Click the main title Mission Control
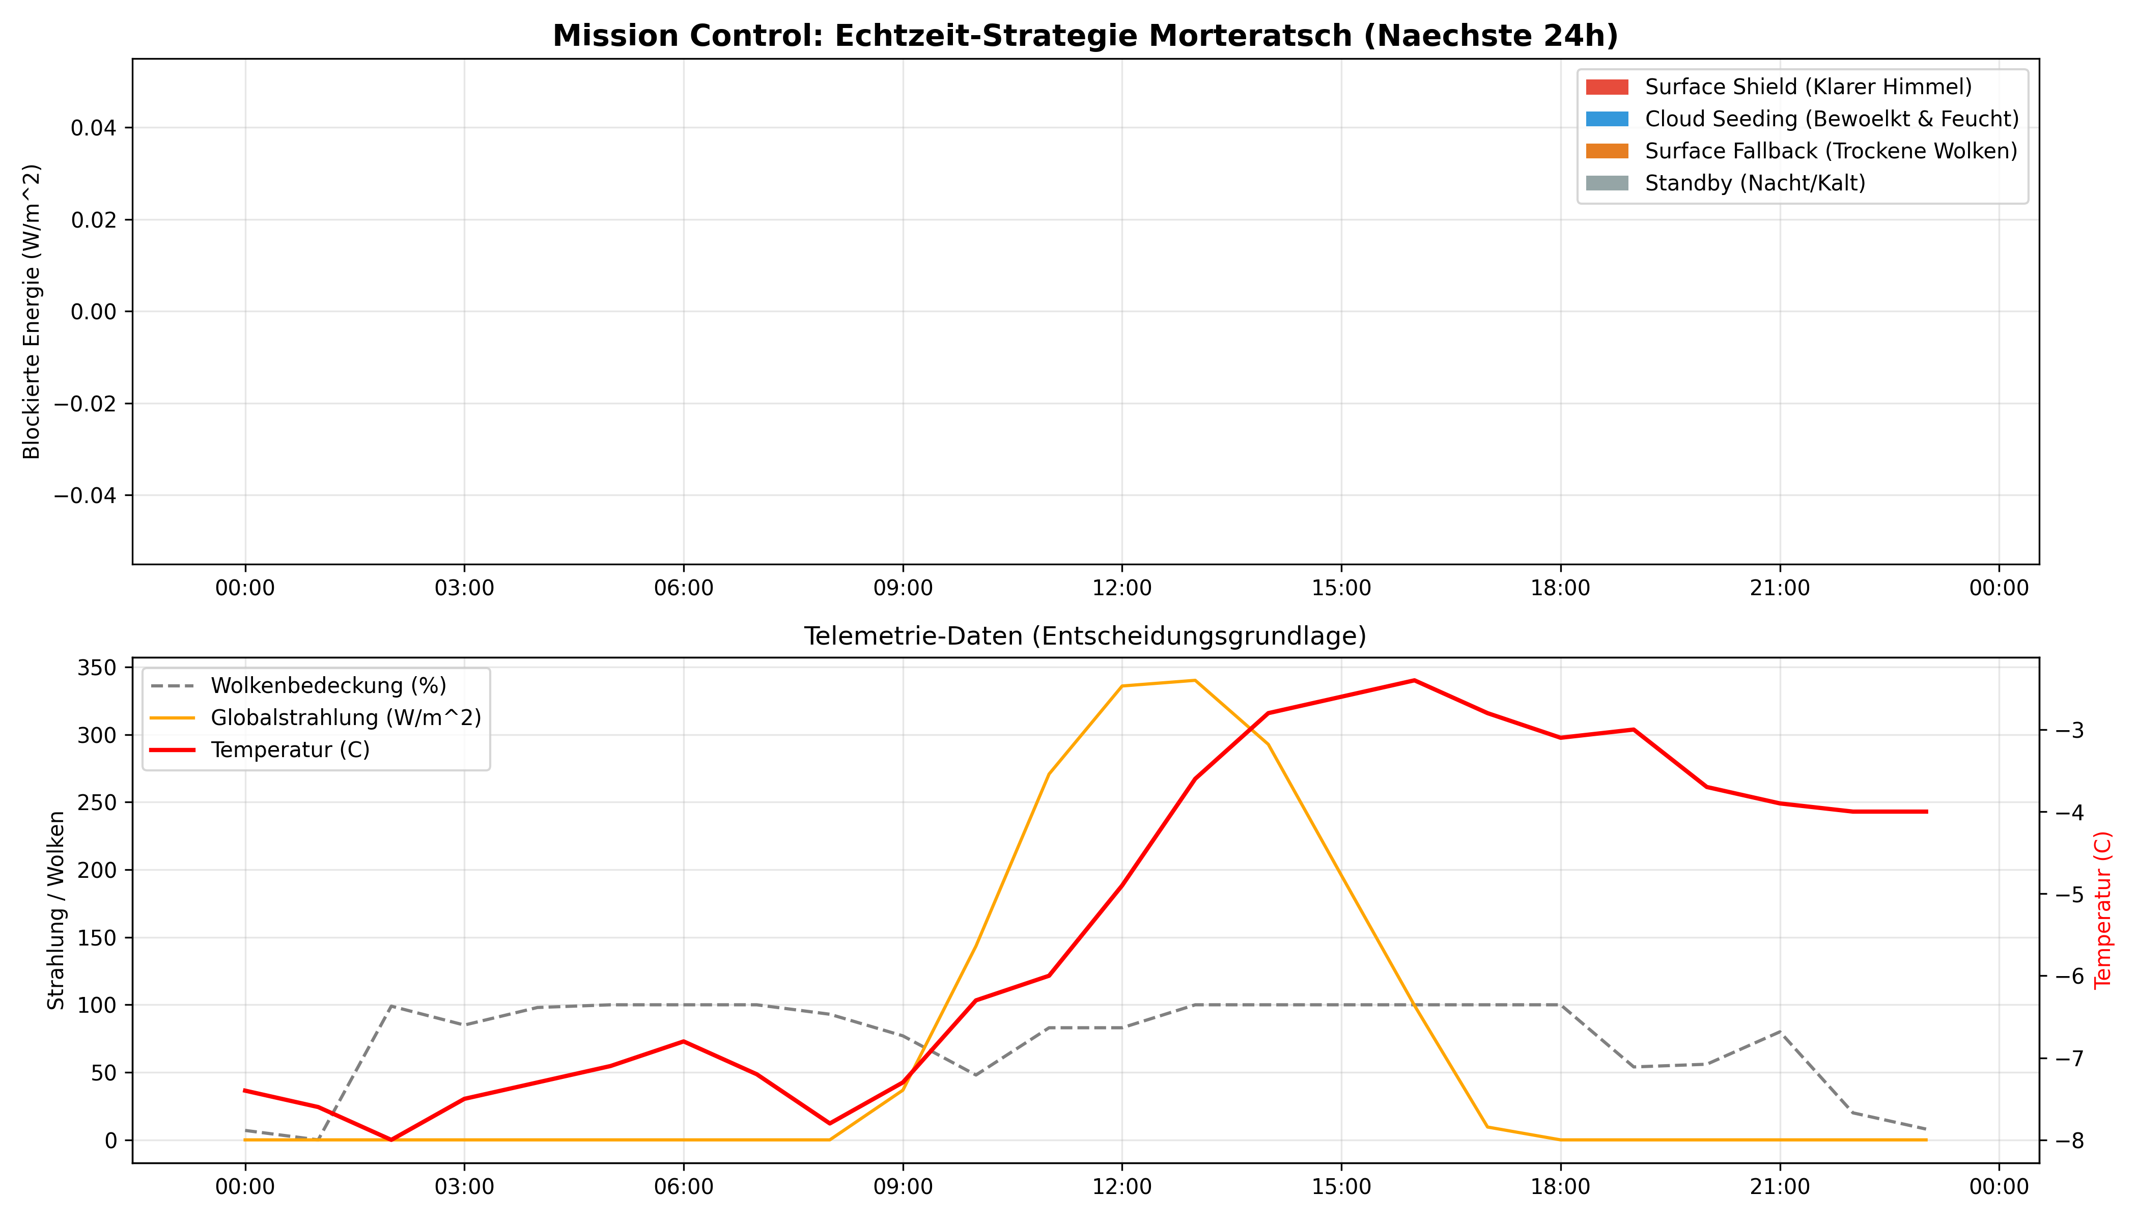coord(1085,36)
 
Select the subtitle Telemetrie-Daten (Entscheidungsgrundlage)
coord(1085,636)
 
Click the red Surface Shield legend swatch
coord(1606,87)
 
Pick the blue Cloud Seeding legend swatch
coord(1606,119)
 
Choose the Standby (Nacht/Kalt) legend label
coord(1755,183)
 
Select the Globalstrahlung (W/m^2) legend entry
coord(345,717)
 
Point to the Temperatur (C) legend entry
coord(290,749)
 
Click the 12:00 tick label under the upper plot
coord(1122,588)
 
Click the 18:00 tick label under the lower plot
coord(1560,1187)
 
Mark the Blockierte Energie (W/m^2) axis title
coord(32,312)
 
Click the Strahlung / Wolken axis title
coord(55,910)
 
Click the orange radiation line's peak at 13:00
coord(1195,681)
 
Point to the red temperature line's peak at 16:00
coord(1414,681)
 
